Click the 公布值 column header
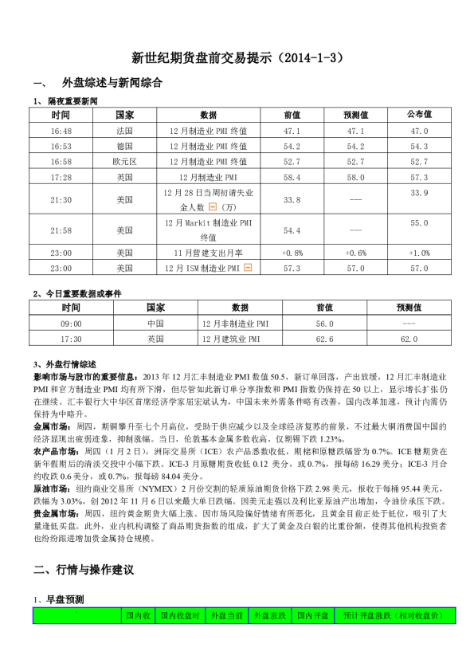(x=419, y=115)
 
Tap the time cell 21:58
(x=61, y=230)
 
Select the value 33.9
(x=419, y=194)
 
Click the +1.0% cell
(x=419, y=253)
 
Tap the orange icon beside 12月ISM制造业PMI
(x=248, y=268)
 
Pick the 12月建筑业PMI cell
(x=231, y=339)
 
